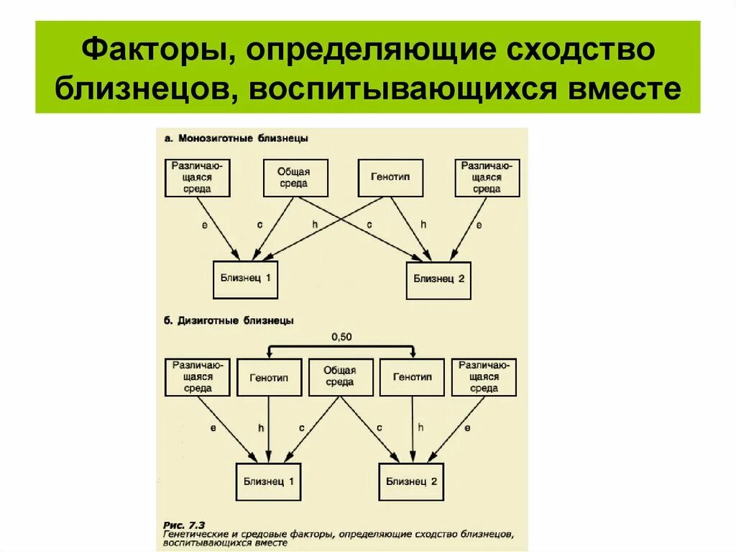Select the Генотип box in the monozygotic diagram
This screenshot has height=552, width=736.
(x=390, y=178)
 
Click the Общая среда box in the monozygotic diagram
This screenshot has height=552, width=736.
(x=293, y=178)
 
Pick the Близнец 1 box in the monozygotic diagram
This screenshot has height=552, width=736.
(x=245, y=279)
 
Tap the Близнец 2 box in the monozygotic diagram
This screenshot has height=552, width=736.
(x=438, y=280)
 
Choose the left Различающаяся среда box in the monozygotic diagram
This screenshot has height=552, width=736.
(x=197, y=178)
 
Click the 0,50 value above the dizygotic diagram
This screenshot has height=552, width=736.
(x=342, y=336)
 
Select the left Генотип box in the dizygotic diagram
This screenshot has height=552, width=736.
(x=269, y=377)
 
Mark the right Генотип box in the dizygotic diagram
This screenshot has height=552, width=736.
(x=412, y=377)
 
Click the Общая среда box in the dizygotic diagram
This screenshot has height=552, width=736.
(x=340, y=377)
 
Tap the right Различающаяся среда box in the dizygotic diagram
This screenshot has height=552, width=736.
(x=484, y=377)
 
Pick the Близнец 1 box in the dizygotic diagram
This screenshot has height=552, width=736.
(x=268, y=481)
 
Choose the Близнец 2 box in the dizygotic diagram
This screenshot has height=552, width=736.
(x=411, y=481)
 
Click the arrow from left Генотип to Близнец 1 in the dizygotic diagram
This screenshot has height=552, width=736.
(x=268, y=428)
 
